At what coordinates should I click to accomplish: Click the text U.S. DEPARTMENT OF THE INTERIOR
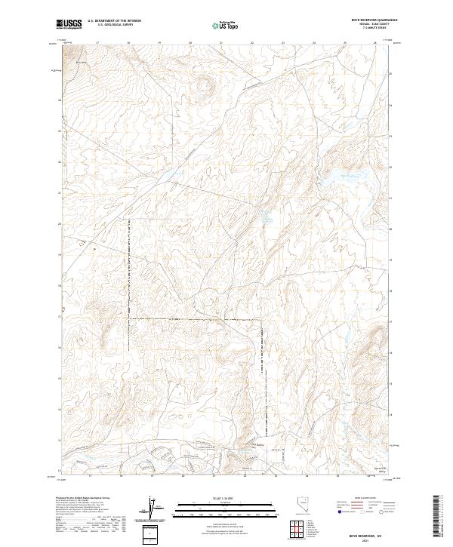114,21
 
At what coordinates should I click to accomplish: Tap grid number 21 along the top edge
220,44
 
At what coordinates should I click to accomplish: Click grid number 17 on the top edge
97,44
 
